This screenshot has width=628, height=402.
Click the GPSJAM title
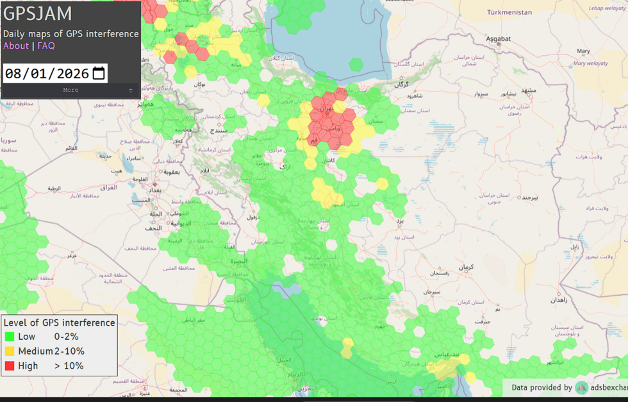point(38,13)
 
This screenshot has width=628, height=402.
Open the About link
point(16,46)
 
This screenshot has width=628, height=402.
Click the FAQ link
point(46,46)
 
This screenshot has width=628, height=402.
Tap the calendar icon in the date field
point(99,73)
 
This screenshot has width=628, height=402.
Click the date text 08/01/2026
point(47,74)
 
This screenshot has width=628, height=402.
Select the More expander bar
point(70,90)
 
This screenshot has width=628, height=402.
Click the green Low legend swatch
point(10,337)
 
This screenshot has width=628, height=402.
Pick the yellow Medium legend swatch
point(10,351)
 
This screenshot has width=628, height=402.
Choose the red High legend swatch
point(10,366)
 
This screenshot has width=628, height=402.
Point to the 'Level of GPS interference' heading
point(60,322)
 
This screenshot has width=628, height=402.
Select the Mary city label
point(583,51)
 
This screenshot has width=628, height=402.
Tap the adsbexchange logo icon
point(581,387)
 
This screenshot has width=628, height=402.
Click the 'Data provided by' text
point(541,387)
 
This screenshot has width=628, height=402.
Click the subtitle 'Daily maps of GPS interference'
point(70,34)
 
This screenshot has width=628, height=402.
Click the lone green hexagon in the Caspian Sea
point(356,64)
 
